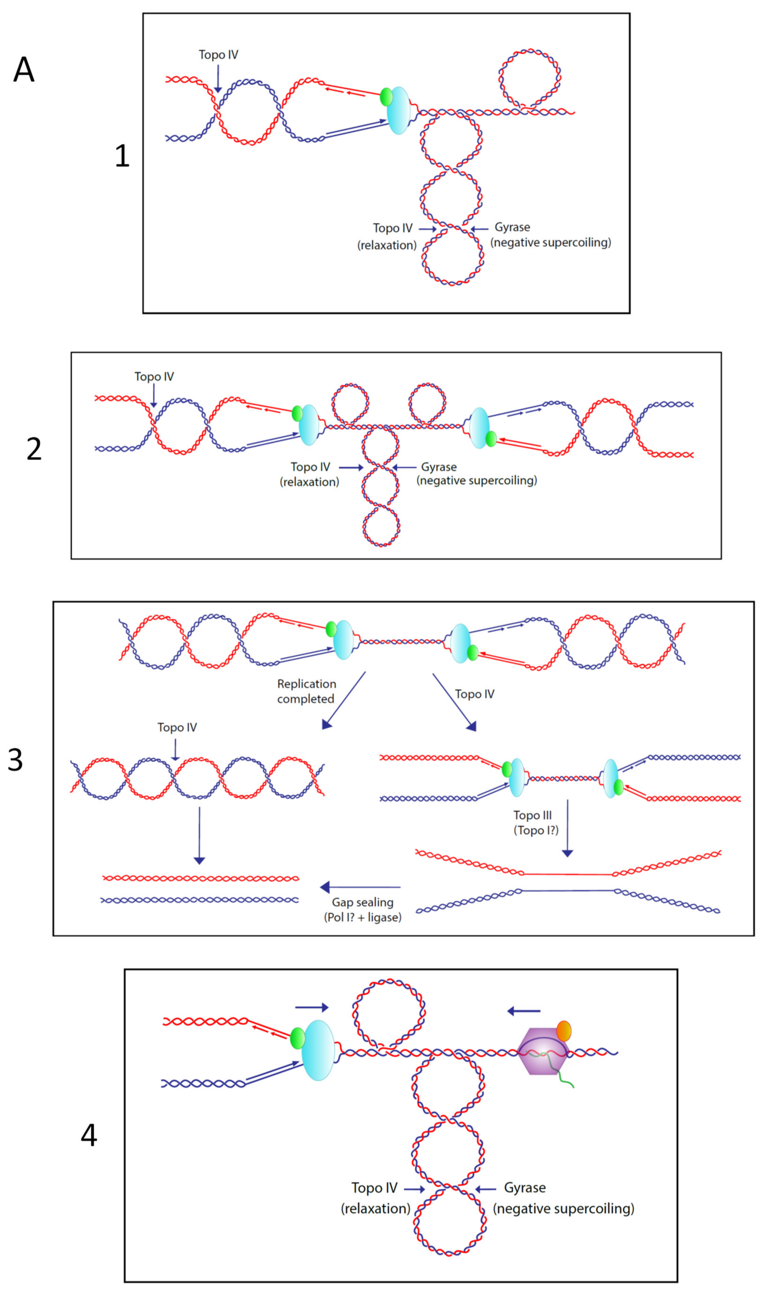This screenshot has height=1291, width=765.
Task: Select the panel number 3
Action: point(16,760)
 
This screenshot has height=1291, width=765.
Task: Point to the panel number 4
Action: point(89,1135)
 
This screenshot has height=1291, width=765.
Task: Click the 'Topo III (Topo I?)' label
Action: point(535,823)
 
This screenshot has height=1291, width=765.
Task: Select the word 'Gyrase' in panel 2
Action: point(439,467)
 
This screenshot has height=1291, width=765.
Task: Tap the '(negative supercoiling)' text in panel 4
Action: point(563,1209)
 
